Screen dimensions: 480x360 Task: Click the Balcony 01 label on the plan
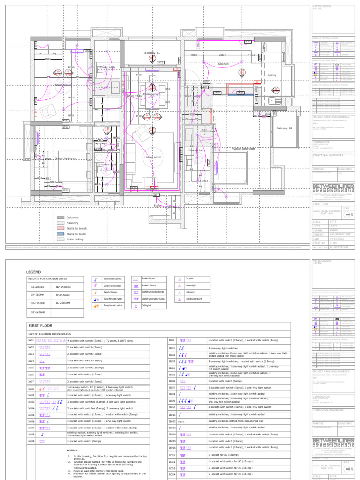[x=152, y=53]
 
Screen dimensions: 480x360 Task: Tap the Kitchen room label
[x=223, y=64]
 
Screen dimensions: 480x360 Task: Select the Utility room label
[x=272, y=75]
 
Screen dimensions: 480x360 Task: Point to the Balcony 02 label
[x=284, y=128]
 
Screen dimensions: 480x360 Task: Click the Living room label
[x=152, y=157]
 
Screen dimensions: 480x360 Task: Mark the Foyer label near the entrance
[x=157, y=205]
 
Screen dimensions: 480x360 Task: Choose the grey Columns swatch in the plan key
[x=60, y=217]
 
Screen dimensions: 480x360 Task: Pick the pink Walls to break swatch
[x=60, y=228]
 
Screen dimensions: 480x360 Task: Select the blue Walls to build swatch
[x=60, y=233]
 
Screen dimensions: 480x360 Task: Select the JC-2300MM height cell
[x=62, y=295]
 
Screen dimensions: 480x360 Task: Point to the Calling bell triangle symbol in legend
[x=136, y=305]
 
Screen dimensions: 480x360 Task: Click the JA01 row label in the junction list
[x=31, y=341]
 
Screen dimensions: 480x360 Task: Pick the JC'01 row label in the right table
[x=172, y=455]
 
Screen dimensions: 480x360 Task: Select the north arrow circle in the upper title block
[x=346, y=214]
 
